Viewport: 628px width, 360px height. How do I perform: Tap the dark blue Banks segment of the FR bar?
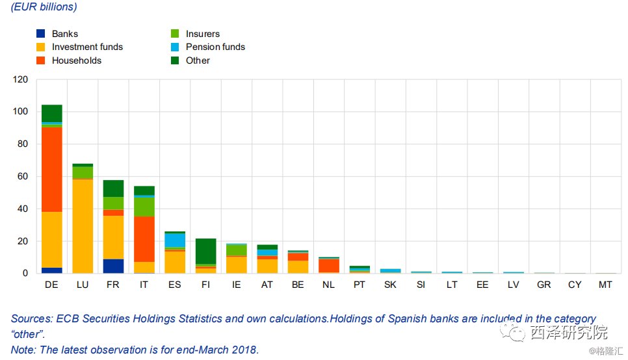tap(113, 266)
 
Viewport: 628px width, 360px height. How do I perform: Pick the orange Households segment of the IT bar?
tap(144, 239)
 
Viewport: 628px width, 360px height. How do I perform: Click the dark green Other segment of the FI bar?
tap(206, 251)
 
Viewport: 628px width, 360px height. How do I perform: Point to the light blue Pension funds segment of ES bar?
tap(175, 240)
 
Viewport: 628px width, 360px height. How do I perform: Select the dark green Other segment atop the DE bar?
tap(51, 113)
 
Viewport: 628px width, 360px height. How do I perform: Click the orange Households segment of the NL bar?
tap(329, 265)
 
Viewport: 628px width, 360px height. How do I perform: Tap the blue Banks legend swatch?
tap(40, 34)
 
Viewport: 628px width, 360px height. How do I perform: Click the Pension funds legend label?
tap(215, 47)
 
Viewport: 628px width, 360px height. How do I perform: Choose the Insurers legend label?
tap(203, 34)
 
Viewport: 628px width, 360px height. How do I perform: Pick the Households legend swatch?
tap(40, 60)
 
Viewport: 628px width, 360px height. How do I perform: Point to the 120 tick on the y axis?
tap(21, 80)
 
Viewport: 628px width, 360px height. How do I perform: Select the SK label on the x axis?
tap(391, 285)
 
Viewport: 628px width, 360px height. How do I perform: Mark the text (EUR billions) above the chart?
tap(44, 7)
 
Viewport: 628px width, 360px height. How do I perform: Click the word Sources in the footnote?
tap(31, 319)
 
